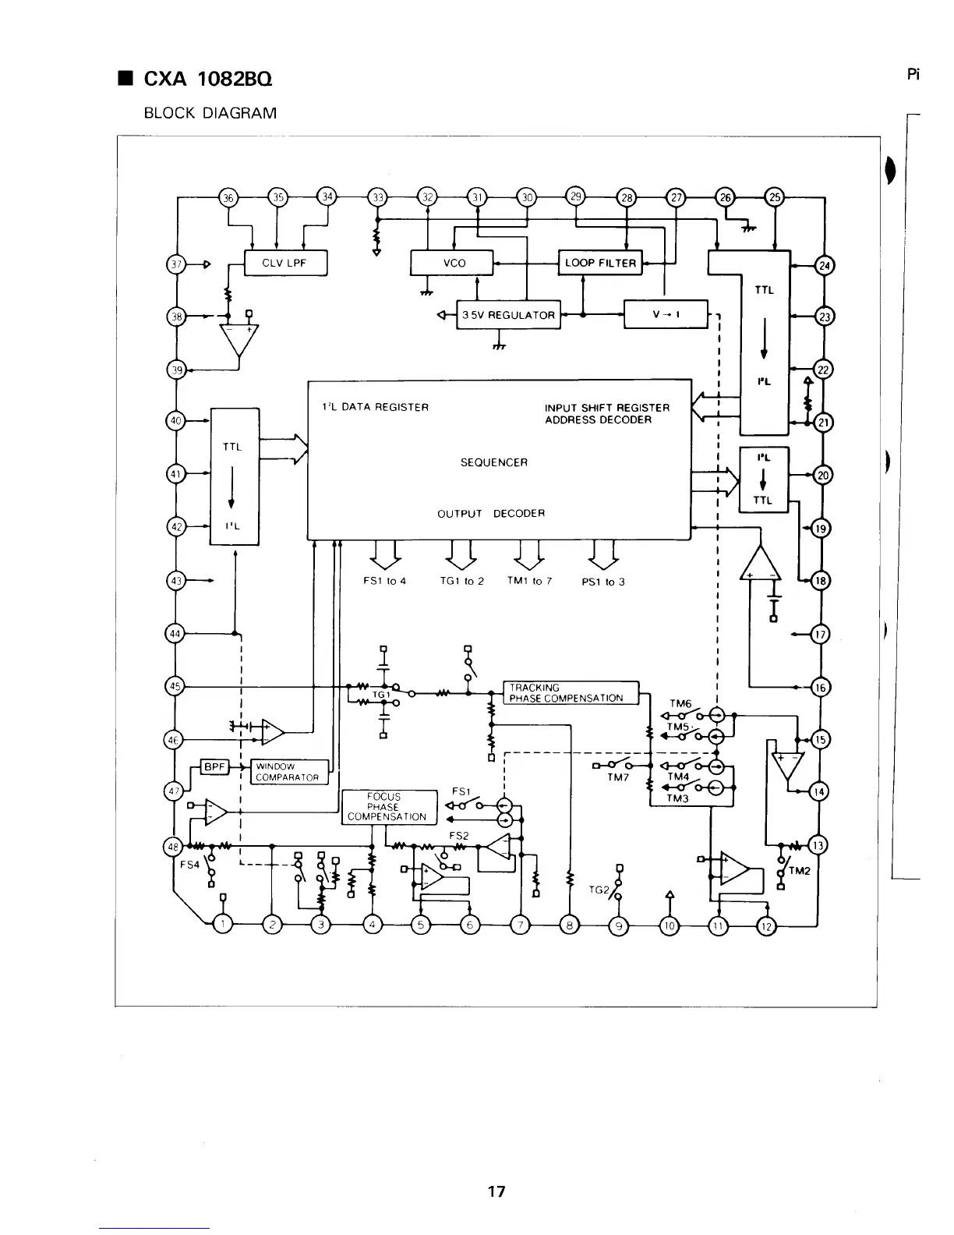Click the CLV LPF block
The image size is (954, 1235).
285,263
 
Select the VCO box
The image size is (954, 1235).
452,263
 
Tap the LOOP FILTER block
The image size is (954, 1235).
600,263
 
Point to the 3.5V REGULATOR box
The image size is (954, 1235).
508,315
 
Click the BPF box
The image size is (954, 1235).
214,766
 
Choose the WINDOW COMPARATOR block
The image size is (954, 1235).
288,772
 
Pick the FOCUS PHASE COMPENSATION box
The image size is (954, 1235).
387,807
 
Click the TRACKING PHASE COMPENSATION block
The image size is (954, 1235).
571,692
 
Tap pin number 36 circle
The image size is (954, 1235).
228,197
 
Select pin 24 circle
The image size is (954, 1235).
824,265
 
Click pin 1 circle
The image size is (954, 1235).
223,925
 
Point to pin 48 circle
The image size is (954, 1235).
172,847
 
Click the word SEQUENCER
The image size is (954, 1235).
494,462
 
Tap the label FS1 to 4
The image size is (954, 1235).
385,582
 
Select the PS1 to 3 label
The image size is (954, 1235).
603,582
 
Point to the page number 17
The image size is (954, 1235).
496,1191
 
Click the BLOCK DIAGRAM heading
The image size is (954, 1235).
210,113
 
